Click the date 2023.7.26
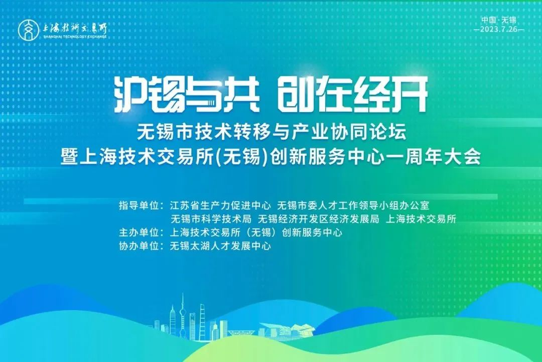pos(499,29)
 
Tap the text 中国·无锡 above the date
pos(498,20)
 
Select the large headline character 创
pos(296,94)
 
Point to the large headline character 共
pos(241,94)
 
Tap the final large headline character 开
pos(410,94)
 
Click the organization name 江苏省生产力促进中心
pos(220,205)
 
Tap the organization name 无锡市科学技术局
pos(211,219)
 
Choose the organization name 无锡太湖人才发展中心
pos(220,246)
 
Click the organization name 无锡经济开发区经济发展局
pos(318,219)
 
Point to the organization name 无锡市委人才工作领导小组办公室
pos(353,205)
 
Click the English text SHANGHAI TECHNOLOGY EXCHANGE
pos(75,36)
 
